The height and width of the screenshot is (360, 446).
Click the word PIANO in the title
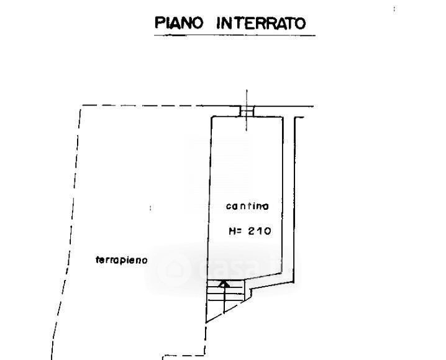[x=179, y=24]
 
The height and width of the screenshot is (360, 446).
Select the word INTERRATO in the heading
[x=261, y=24]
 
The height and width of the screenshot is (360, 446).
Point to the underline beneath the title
[x=235, y=35]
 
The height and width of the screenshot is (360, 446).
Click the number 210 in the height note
[x=260, y=231]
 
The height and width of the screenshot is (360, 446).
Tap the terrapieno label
[x=122, y=260]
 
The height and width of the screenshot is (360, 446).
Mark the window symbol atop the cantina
[x=247, y=111]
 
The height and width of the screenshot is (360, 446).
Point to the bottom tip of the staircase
[x=207, y=322]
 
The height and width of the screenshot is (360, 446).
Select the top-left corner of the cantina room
[x=211, y=116]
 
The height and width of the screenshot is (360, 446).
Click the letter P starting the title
[x=159, y=24]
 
